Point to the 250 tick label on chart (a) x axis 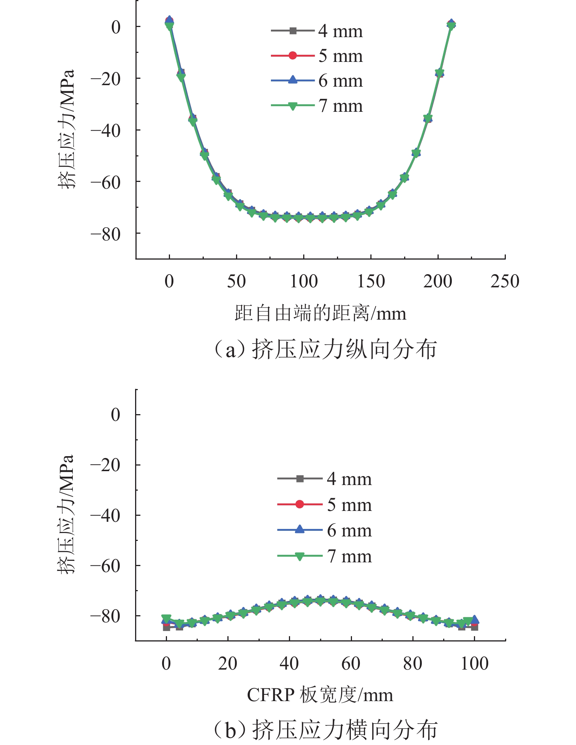point(505,281)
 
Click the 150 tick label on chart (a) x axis point(371,281)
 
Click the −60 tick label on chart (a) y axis point(105,183)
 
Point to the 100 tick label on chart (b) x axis point(474,664)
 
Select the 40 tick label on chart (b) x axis point(289,664)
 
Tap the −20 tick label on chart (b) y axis point(105,465)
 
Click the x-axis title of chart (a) point(320,313)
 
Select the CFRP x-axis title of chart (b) point(320,695)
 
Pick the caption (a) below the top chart point(325,349)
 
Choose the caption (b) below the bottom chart point(325,730)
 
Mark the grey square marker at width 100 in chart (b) point(475,627)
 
